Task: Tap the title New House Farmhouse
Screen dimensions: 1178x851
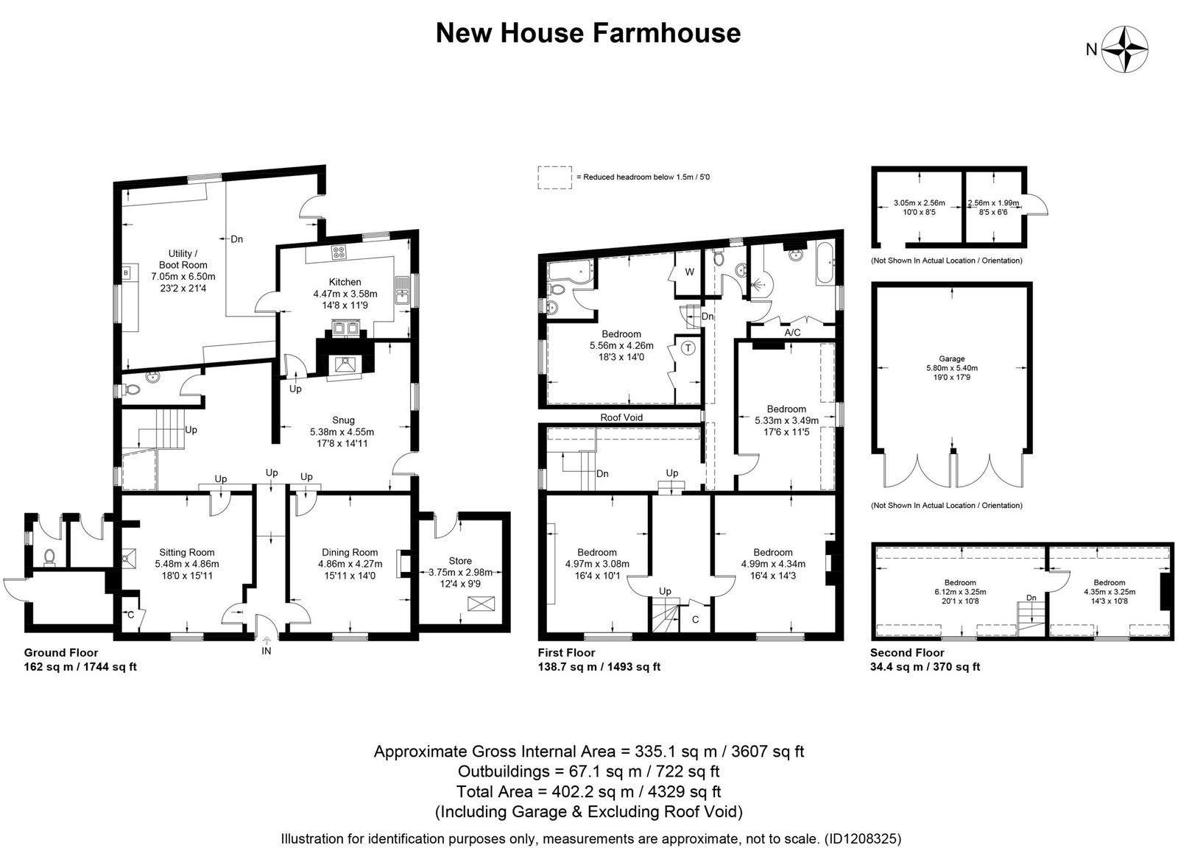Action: click(x=588, y=32)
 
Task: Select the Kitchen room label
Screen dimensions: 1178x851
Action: click(x=345, y=282)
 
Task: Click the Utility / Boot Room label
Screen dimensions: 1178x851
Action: click(x=183, y=259)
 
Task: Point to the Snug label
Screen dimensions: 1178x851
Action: click(x=343, y=420)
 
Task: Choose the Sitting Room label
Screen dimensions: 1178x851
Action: click(x=187, y=552)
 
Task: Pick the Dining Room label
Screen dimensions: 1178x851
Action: click(x=350, y=552)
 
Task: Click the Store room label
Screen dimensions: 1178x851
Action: click(x=460, y=561)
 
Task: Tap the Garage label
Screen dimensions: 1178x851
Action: click(x=951, y=359)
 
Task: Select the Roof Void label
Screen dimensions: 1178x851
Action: click(x=621, y=417)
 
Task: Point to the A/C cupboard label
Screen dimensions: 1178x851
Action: click(x=792, y=333)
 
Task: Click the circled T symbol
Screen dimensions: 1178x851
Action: click(x=688, y=347)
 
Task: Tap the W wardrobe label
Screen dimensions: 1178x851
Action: click(x=689, y=272)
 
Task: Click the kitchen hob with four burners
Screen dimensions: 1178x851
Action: click(x=339, y=253)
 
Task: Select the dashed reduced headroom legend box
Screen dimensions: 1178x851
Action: click(x=555, y=177)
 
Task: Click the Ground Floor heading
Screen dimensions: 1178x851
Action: click(x=61, y=653)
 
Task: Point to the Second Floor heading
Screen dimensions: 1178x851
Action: click(x=907, y=653)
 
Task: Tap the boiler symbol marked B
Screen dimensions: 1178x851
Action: click(x=126, y=273)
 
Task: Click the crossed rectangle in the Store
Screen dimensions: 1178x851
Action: click(x=481, y=604)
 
